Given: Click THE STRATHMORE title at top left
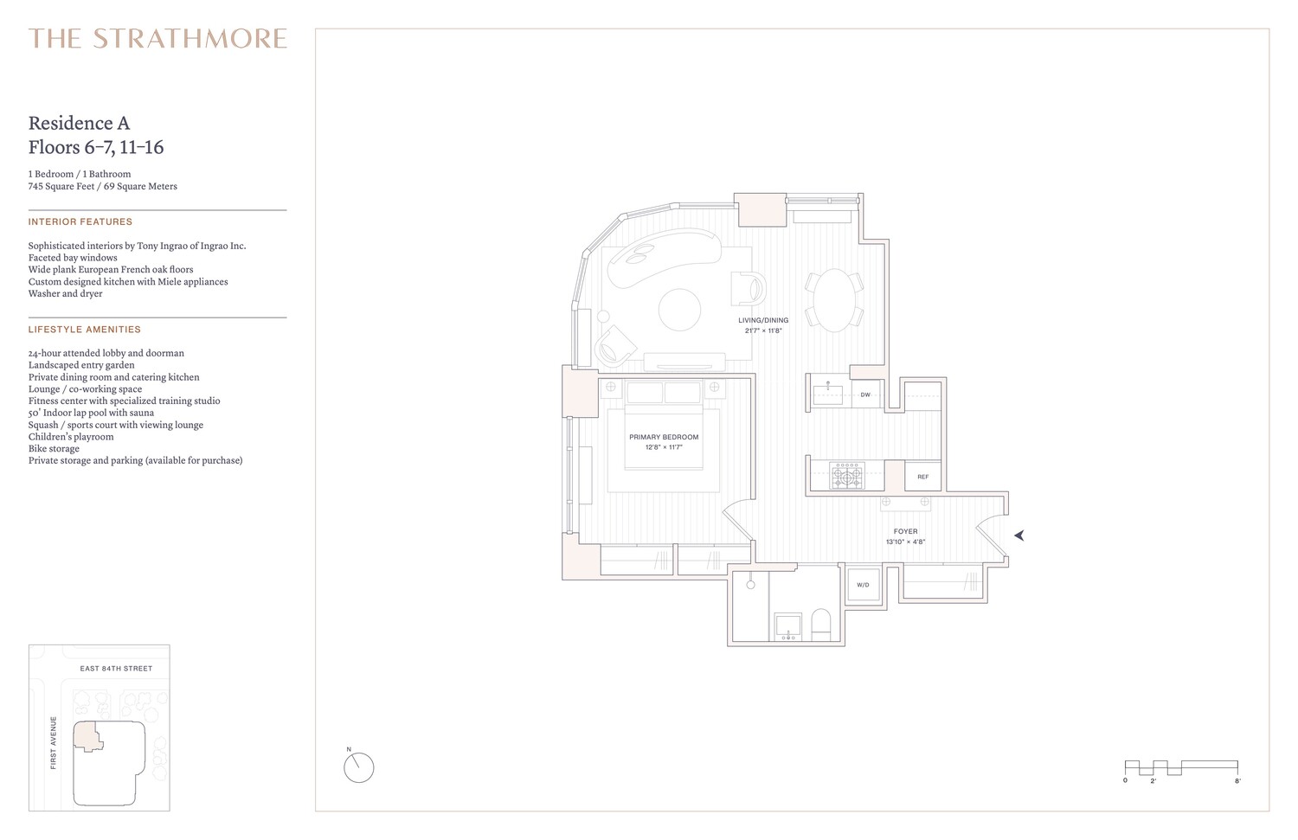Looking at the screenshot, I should pos(157,39).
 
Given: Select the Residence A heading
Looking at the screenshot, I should pos(79,123).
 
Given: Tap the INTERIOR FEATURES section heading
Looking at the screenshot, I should pos(80,222).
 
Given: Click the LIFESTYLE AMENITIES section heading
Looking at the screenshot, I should pos(85,330).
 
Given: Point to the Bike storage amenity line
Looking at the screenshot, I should pos(54,449).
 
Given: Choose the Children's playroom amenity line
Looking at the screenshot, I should pos(71,437).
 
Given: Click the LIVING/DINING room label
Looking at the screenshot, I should pos(763,321).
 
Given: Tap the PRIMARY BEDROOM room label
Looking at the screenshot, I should pos(664,438).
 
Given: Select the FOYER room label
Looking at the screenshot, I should pos(905,532).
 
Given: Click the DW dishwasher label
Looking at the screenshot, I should pos(864,395).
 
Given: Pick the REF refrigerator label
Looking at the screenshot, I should pos(922,477).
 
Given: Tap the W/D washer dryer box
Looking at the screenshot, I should pos(863,586).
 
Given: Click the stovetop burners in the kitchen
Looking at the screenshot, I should pos(847,476).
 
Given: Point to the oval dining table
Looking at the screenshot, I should pos(834,300).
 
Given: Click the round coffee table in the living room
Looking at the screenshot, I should pos(680,309).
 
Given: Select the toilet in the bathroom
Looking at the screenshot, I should pos(820,624).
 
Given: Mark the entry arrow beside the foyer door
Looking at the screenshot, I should pos(1019,535).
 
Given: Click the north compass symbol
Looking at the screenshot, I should pos(358,767).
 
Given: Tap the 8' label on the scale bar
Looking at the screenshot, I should pos(1237,781).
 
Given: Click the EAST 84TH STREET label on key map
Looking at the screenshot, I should pos(116,669).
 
